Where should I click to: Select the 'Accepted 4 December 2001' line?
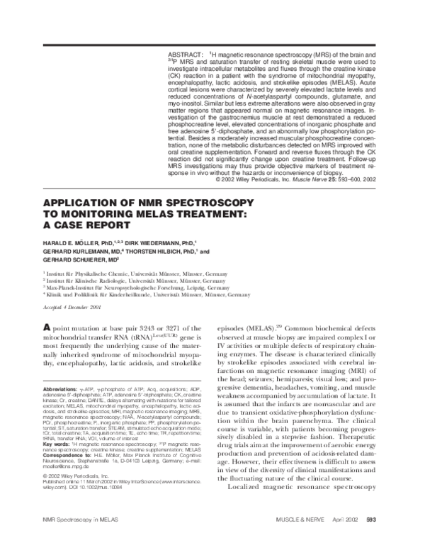73,305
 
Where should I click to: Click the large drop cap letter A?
47,328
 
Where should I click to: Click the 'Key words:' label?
56,447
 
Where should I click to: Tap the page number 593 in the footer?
370,541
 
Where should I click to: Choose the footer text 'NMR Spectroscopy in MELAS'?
74,541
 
